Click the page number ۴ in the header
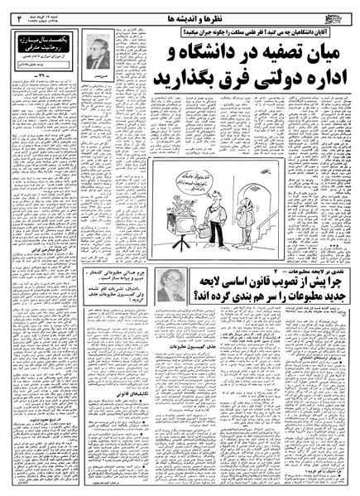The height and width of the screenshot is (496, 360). pos(18,14)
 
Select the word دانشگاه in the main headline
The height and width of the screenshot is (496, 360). pos(225,53)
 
